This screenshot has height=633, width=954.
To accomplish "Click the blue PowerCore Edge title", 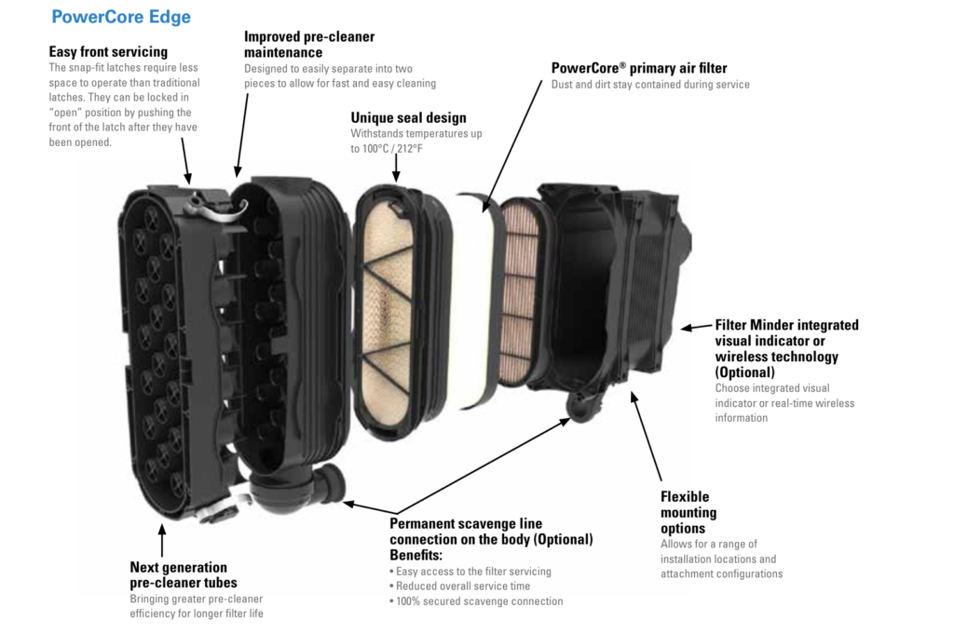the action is pos(121,17).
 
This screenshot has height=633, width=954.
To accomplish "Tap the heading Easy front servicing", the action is pos(108,52).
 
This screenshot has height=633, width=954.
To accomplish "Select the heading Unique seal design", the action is pos(408,117).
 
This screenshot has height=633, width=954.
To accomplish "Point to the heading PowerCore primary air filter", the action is pos(639,68).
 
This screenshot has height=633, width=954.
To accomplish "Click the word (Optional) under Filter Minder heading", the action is pos(744,372).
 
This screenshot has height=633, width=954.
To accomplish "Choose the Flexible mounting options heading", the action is pos(688,512).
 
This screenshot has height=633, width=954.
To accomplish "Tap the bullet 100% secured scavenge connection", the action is pos(476,600).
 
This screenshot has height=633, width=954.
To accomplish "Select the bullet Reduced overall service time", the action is pos(460,586).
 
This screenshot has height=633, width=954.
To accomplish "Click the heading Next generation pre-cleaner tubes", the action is pos(184,574).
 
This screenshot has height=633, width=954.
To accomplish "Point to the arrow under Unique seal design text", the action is pos(396,168).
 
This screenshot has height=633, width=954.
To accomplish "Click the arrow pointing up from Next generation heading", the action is pos(162,541).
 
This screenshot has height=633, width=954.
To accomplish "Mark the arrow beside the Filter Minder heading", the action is pos(697,327).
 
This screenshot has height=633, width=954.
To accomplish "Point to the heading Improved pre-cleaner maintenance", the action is pos(309,45).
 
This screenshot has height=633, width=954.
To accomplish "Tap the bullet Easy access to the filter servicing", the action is pos(470,571).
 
